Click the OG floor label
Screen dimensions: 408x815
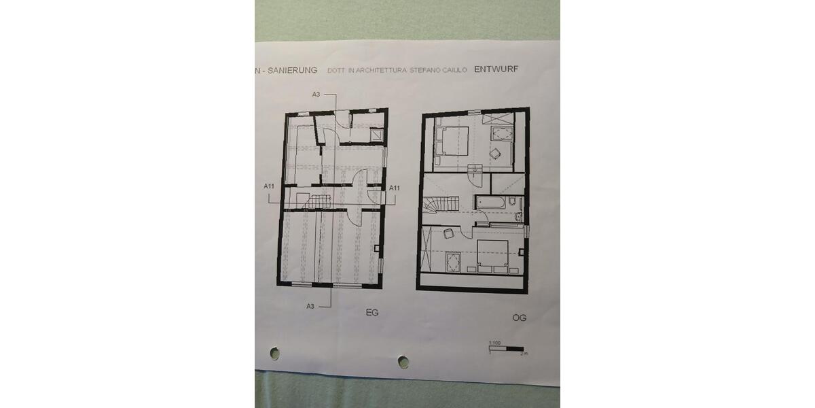520,318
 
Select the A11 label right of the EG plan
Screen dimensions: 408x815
394,188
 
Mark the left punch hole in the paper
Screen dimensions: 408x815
274,354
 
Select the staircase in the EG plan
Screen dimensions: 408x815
319,200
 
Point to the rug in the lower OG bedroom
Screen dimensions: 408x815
452,260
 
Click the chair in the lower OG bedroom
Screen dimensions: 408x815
449,234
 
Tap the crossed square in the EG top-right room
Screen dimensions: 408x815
376,135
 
